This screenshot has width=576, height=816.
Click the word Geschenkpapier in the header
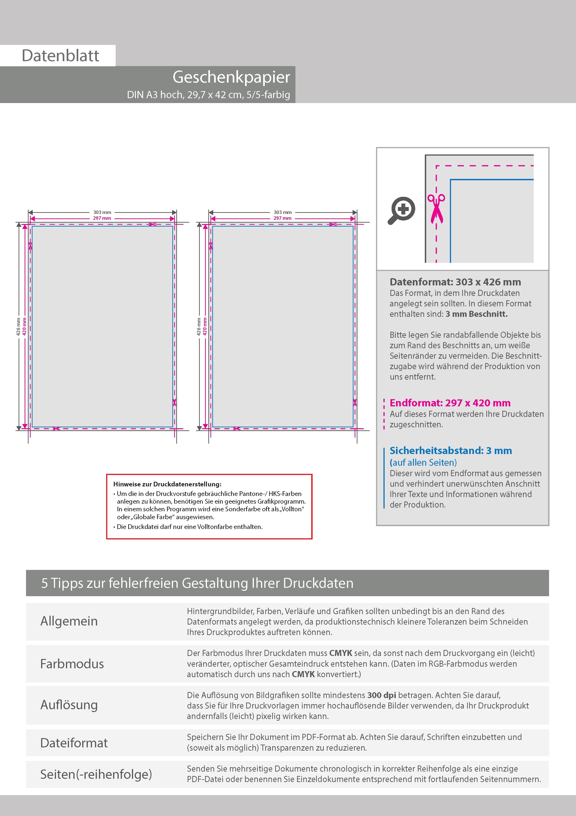pyautogui.click(x=231, y=77)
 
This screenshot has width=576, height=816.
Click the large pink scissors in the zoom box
pyautogui.click(x=436, y=209)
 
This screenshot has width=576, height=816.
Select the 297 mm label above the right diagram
pyautogui.click(x=282, y=218)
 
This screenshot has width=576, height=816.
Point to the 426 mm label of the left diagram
pyautogui.click(x=18, y=327)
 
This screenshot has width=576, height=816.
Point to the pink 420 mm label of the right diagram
pyautogui.click(x=205, y=327)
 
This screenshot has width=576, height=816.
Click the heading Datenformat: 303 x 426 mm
pyautogui.click(x=455, y=282)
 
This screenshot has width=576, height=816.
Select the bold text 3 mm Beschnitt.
pyautogui.click(x=476, y=314)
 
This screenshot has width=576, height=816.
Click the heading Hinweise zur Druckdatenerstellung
pyautogui.click(x=167, y=484)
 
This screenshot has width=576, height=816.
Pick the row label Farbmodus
pyautogui.click(x=72, y=664)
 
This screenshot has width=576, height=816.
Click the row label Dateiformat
pyautogui.click(x=74, y=743)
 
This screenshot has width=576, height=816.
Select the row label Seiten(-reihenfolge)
pyautogui.click(x=96, y=774)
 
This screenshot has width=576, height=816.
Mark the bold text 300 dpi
pyautogui.click(x=382, y=695)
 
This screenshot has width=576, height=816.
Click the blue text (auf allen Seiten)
pyautogui.click(x=423, y=462)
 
